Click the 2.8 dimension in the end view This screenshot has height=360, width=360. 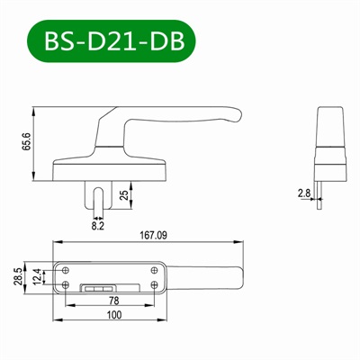pyautogui.click(x=302, y=192)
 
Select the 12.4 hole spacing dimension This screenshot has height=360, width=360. pyautogui.click(x=37, y=276)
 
